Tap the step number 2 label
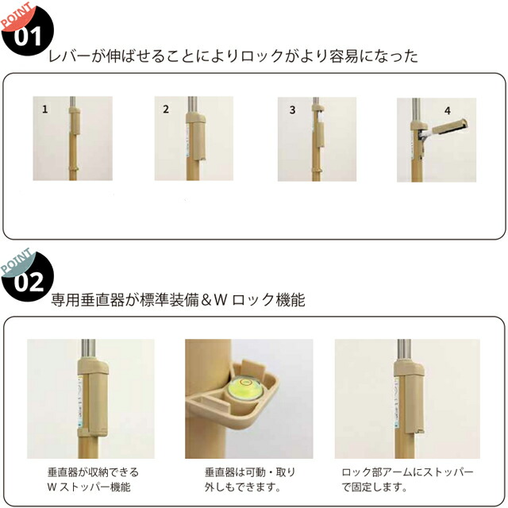[166, 110]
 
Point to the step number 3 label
[292, 110]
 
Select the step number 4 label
[448, 110]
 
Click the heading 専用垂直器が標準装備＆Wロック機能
[178, 301]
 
